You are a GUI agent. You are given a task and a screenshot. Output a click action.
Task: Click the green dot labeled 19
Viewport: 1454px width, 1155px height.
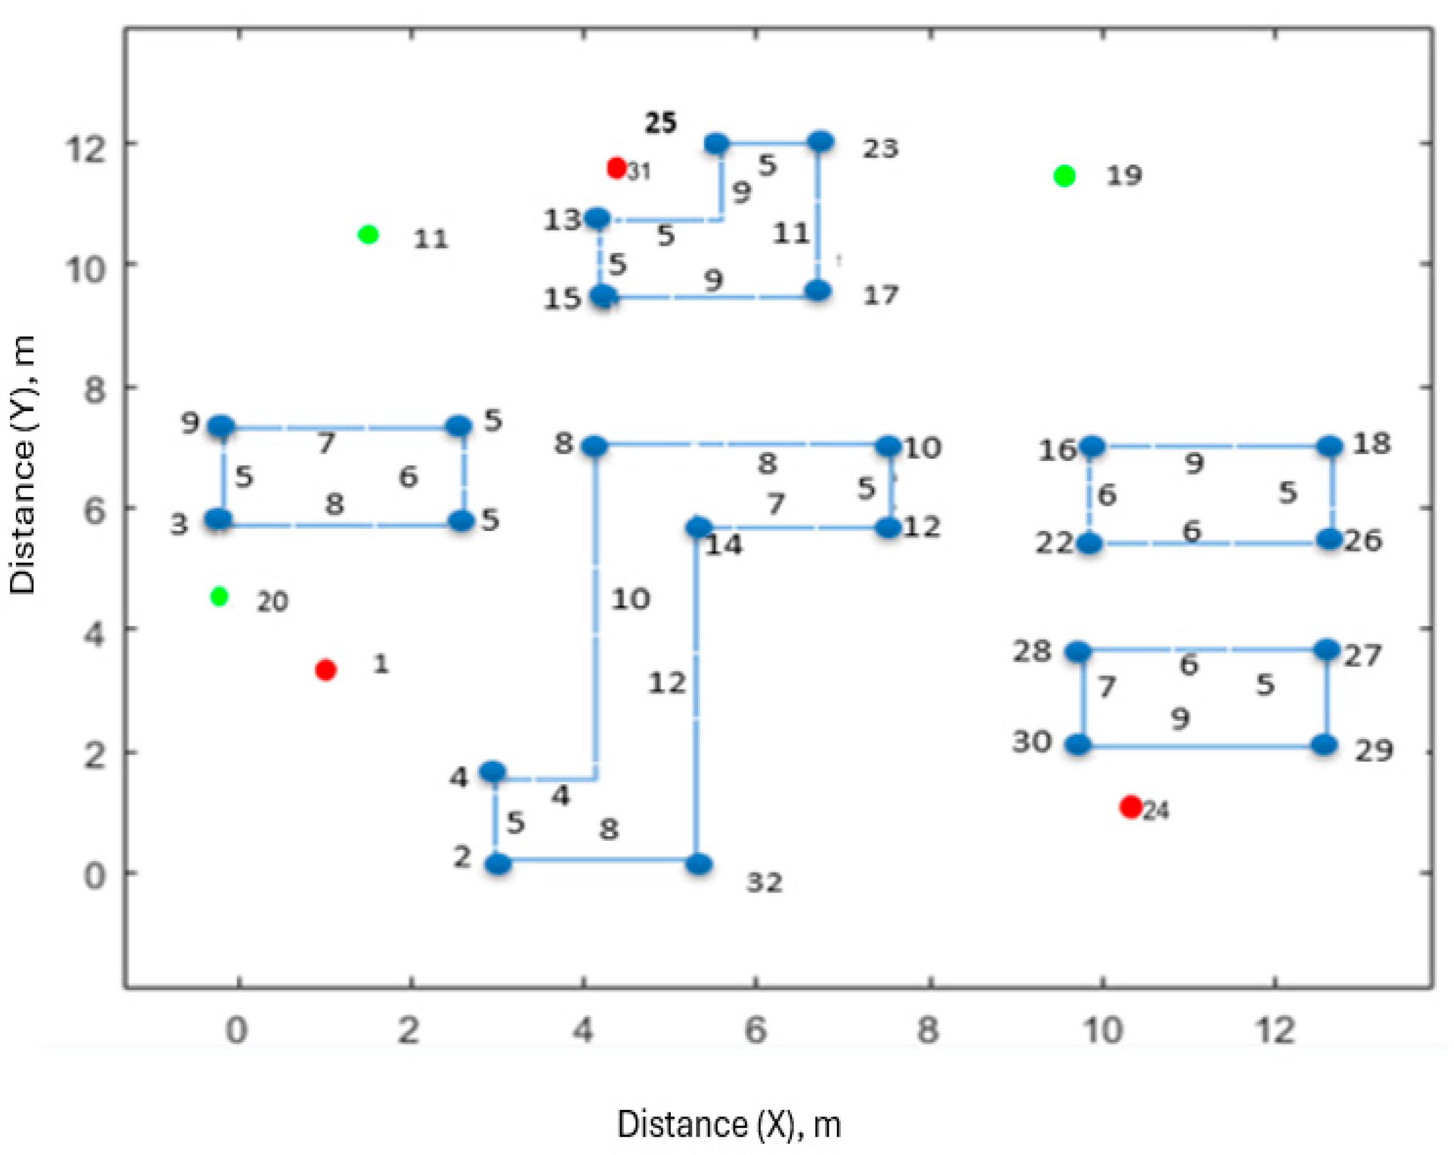coord(1064,176)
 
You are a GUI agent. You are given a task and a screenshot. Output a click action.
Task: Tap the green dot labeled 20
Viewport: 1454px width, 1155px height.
coord(219,596)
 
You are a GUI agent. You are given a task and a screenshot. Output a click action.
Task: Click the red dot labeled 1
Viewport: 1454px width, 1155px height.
coord(326,670)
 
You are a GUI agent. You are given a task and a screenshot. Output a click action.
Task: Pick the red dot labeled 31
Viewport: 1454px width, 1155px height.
coord(616,167)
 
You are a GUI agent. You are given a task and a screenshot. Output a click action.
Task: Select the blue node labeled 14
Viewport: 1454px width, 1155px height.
coord(699,527)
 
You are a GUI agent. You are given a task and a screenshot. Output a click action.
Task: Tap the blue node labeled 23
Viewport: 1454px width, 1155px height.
coord(821,142)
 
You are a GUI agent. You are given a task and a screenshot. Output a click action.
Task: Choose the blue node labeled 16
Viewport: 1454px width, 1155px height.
coord(1092,447)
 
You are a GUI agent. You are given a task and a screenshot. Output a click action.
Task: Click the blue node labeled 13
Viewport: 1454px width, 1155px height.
coord(597,219)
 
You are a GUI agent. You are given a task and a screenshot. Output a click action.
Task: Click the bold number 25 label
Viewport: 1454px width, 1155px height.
coord(661,123)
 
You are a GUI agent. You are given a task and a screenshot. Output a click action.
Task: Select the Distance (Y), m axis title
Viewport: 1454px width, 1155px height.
coord(24,465)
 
